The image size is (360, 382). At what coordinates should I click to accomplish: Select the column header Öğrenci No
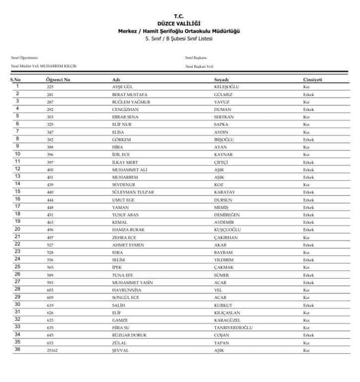tap(58, 80)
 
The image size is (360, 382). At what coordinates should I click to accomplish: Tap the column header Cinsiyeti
tap(313, 80)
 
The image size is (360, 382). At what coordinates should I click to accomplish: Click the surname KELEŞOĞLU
tap(226, 87)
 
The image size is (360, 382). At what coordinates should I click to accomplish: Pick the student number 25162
tap(53, 350)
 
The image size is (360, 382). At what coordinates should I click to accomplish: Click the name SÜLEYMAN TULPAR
tap(133, 192)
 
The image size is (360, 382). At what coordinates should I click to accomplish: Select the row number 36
tap(17, 350)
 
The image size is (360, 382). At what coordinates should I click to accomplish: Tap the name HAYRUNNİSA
tap(127, 290)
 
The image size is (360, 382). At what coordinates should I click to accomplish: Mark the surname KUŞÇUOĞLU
tap(227, 230)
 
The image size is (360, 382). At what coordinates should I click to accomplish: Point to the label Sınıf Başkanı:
tap(196, 58)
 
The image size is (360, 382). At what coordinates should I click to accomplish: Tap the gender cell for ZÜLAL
tap(306, 343)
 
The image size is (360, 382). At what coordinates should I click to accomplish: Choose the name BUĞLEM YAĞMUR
tap(131, 101)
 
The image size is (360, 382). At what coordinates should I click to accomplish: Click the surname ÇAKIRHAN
tap(225, 237)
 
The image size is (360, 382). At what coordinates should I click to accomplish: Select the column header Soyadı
tap(221, 80)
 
